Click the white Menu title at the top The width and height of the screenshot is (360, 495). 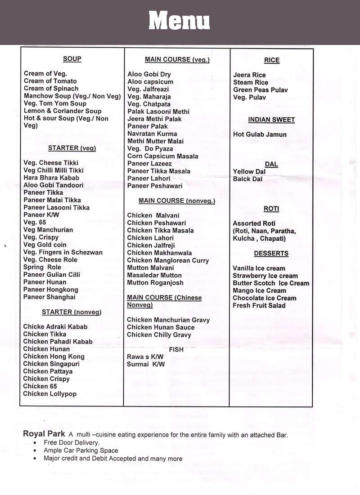pyautogui.click(x=179, y=20)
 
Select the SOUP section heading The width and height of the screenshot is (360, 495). pyautogui.click(x=72, y=59)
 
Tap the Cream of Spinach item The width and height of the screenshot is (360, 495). pyautogui.click(x=51, y=89)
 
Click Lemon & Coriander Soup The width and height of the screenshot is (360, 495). pyautogui.click(x=63, y=111)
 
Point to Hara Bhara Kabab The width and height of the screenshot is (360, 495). pyautogui.click(x=51, y=178)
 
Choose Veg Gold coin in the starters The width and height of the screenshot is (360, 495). pyautogui.click(x=45, y=245)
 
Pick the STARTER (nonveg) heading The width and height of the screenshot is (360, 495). pyautogui.click(x=72, y=312)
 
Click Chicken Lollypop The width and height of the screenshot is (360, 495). pyautogui.click(x=49, y=394)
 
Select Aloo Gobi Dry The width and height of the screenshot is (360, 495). pyautogui.click(x=149, y=74)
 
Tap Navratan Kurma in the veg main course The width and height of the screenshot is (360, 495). pyautogui.click(x=153, y=134)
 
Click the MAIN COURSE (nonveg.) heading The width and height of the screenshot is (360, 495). pyautogui.click(x=177, y=201)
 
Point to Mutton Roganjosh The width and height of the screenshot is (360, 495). pyautogui.click(x=155, y=283)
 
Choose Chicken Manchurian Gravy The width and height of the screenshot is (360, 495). pyautogui.click(x=168, y=320)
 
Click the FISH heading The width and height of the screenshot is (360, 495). pyautogui.click(x=176, y=349)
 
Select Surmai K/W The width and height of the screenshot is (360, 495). pyautogui.click(x=146, y=364)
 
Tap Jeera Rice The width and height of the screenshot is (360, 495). pyautogui.click(x=249, y=75)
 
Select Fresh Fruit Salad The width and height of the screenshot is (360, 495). pyautogui.click(x=259, y=305)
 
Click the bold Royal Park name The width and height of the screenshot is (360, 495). pyautogui.click(x=44, y=434)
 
